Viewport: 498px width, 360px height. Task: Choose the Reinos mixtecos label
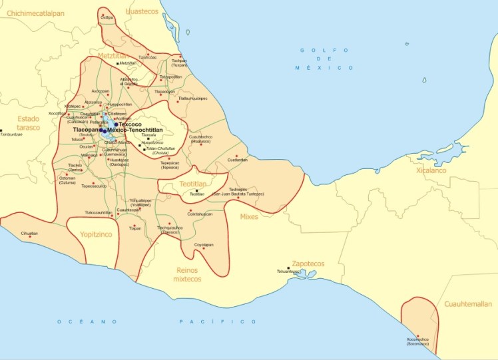188,274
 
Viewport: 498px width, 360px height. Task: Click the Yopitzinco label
96,235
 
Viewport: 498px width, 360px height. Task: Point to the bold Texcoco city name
131,124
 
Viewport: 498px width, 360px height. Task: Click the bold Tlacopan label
86,130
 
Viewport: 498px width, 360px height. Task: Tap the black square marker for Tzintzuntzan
2,130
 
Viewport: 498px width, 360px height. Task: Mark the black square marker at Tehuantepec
288,268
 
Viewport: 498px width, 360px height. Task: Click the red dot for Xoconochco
417,335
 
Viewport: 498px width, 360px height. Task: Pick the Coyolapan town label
204,244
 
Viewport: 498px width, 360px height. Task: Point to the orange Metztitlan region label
113,57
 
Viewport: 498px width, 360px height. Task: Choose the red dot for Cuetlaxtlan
236,156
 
